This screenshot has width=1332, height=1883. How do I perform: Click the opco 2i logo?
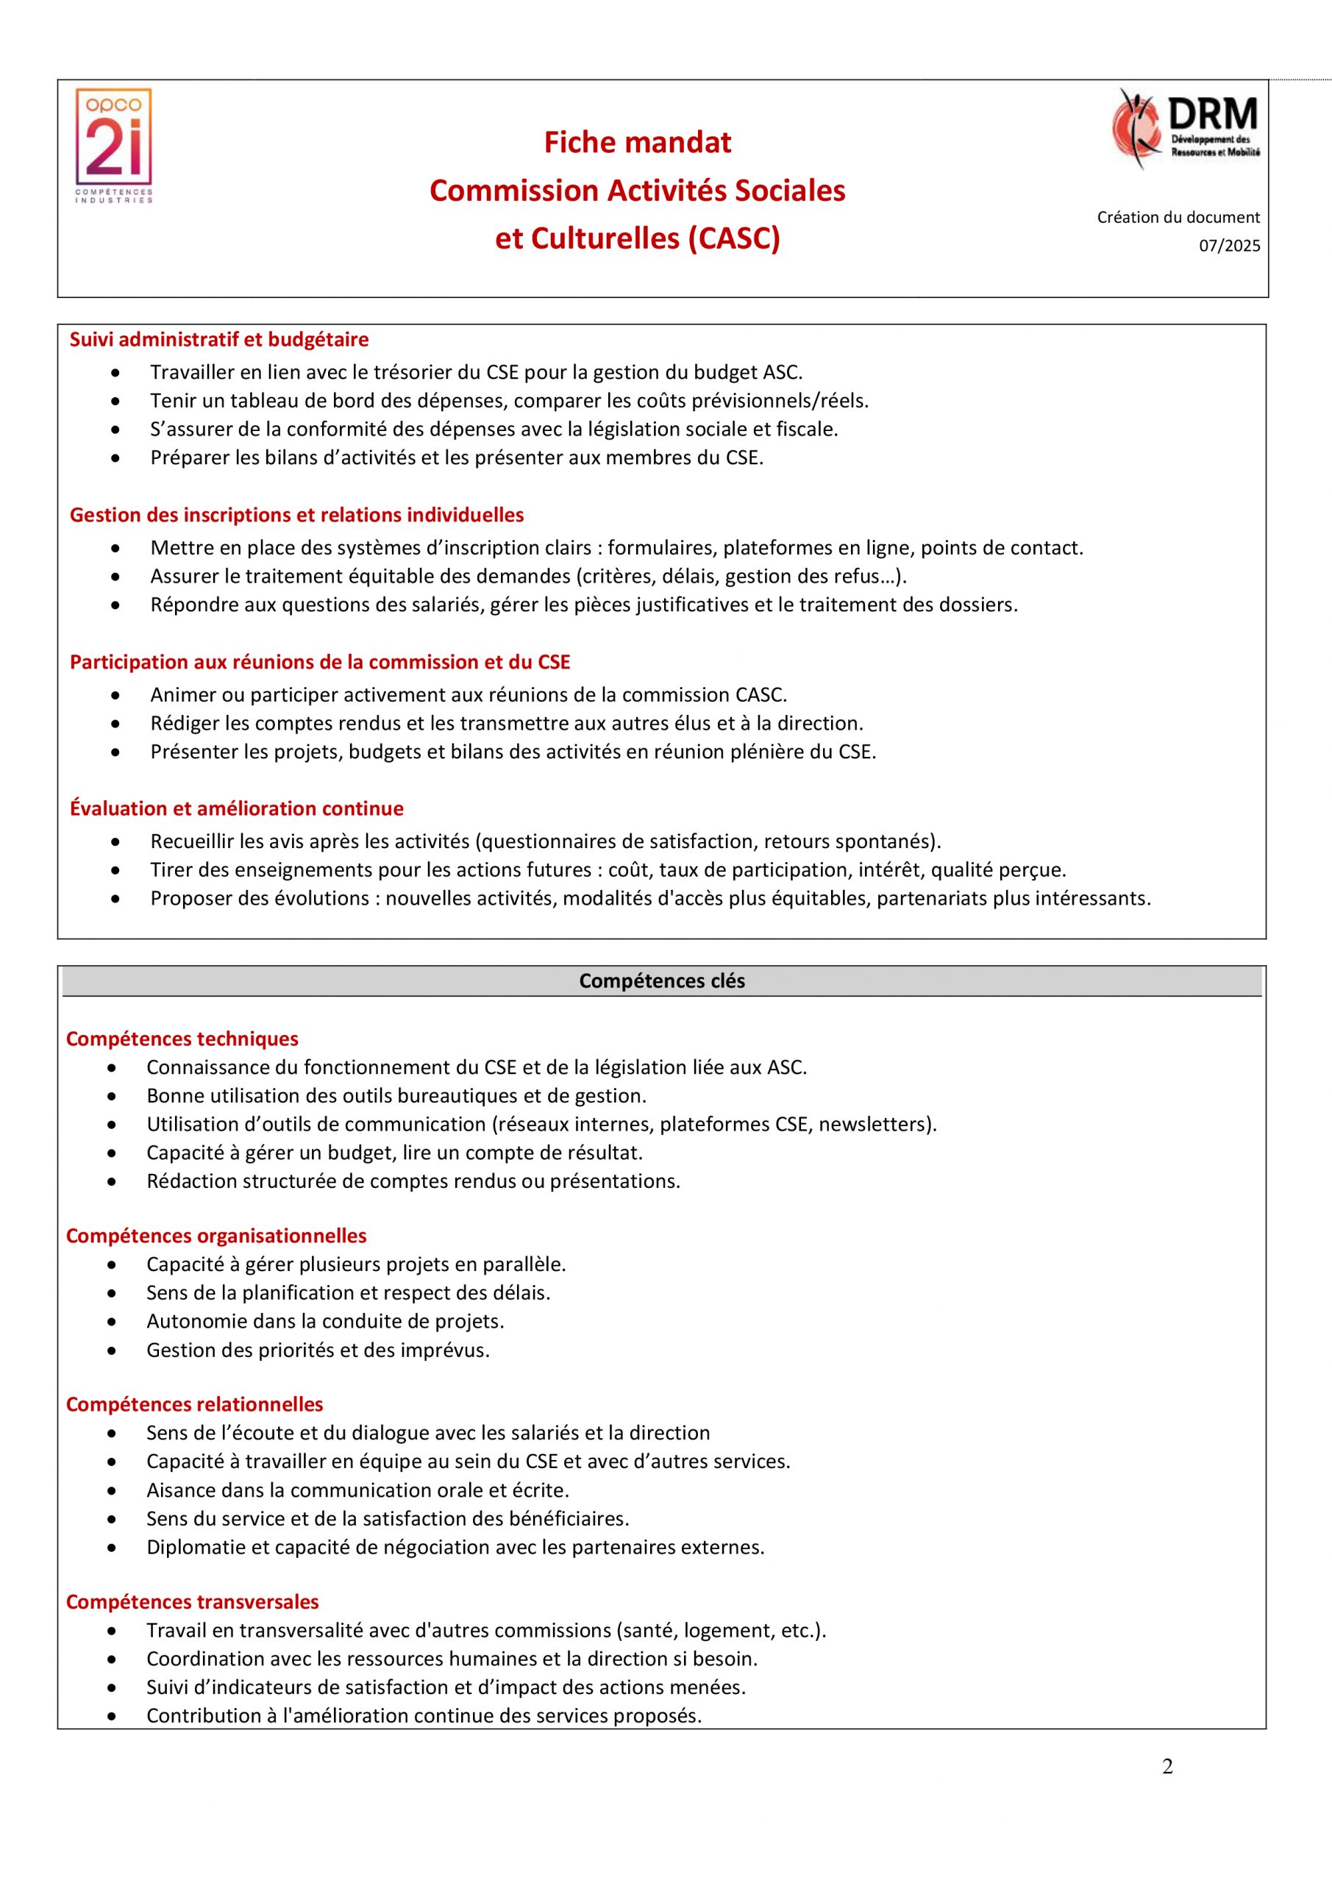click(x=114, y=146)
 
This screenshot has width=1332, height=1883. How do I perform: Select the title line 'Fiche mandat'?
click(x=637, y=143)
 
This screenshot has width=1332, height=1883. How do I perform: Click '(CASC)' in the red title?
click(x=734, y=238)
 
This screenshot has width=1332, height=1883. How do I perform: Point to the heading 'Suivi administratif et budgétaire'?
click(x=219, y=340)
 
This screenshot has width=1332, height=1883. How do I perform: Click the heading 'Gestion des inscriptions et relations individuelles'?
click(x=296, y=515)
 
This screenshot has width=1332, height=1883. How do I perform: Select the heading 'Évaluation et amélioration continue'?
click(x=236, y=808)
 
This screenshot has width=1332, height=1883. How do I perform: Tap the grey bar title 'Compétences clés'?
click(x=662, y=981)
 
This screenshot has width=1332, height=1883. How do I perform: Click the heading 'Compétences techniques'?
click(x=182, y=1039)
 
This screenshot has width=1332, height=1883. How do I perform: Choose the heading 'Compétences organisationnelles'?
click(x=216, y=1235)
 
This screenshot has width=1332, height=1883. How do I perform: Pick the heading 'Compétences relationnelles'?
click(x=194, y=1404)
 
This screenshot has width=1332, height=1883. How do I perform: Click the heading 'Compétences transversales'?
click(x=192, y=1602)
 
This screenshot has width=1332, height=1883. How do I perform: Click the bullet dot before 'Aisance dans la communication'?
click(x=113, y=1490)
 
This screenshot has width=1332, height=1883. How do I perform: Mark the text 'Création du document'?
click(x=1178, y=217)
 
